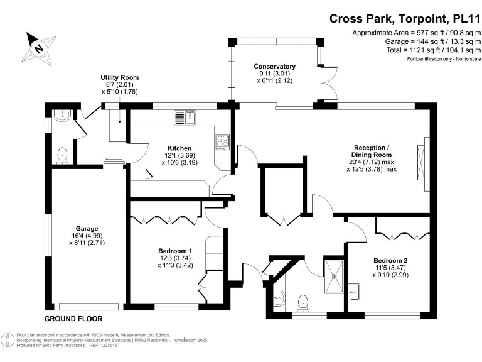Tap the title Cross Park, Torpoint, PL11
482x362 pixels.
pyautogui.click(x=405, y=18)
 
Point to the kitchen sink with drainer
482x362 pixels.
pyautogui.click(x=185, y=118)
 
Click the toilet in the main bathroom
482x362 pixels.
pyautogui.click(x=304, y=302)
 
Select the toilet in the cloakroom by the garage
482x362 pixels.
pyautogui.click(x=62, y=154)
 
